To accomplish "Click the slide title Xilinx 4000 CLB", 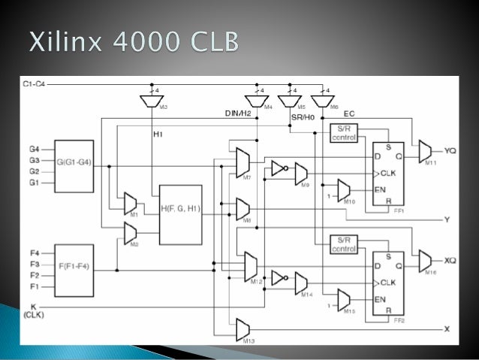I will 134,41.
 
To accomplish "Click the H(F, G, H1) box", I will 180,215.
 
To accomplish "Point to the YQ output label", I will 450,150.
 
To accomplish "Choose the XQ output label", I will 450,261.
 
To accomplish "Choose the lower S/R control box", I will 344,244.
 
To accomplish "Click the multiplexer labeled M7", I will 243,161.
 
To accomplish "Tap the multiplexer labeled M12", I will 250,265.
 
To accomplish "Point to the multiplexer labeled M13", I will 243,328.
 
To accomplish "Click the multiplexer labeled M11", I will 426,150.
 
